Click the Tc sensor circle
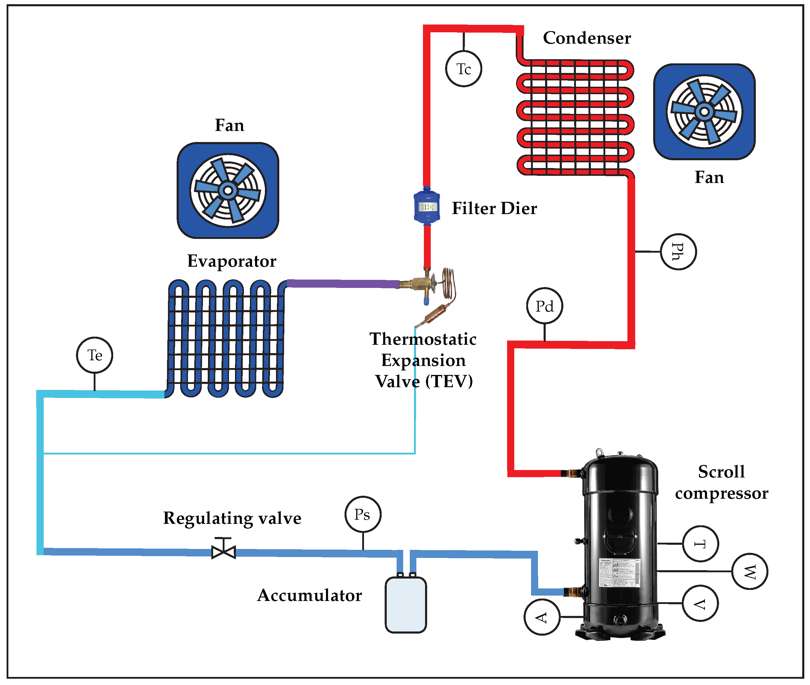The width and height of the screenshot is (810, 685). (x=463, y=69)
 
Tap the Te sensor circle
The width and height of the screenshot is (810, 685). (x=95, y=355)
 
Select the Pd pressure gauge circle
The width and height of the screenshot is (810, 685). (x=544, y=306)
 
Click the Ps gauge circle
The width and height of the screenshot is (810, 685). (x=362, y=514)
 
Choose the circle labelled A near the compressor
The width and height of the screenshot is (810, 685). (x=542, y=617)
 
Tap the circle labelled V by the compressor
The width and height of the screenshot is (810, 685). (x=700, y=603)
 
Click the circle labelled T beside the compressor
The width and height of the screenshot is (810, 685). (x=700, y=543)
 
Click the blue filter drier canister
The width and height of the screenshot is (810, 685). (x=426, y=207)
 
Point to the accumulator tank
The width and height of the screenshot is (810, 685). (x=405, y=605)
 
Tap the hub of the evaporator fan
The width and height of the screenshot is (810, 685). (x=228, y=190)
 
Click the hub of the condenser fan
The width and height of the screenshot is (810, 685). (x=704, y=112)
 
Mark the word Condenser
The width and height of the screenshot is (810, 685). (x=586, y=38)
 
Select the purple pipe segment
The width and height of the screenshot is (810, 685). (x=342, y=283)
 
